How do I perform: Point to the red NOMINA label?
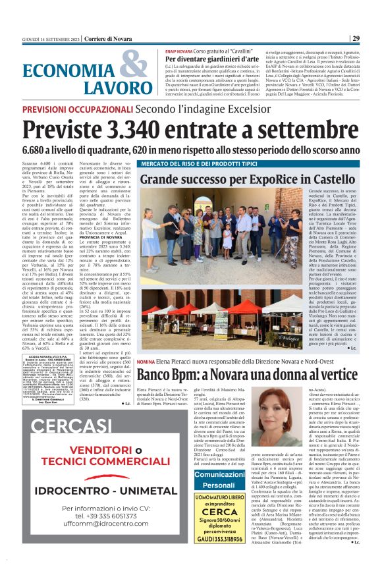(146, 362)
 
